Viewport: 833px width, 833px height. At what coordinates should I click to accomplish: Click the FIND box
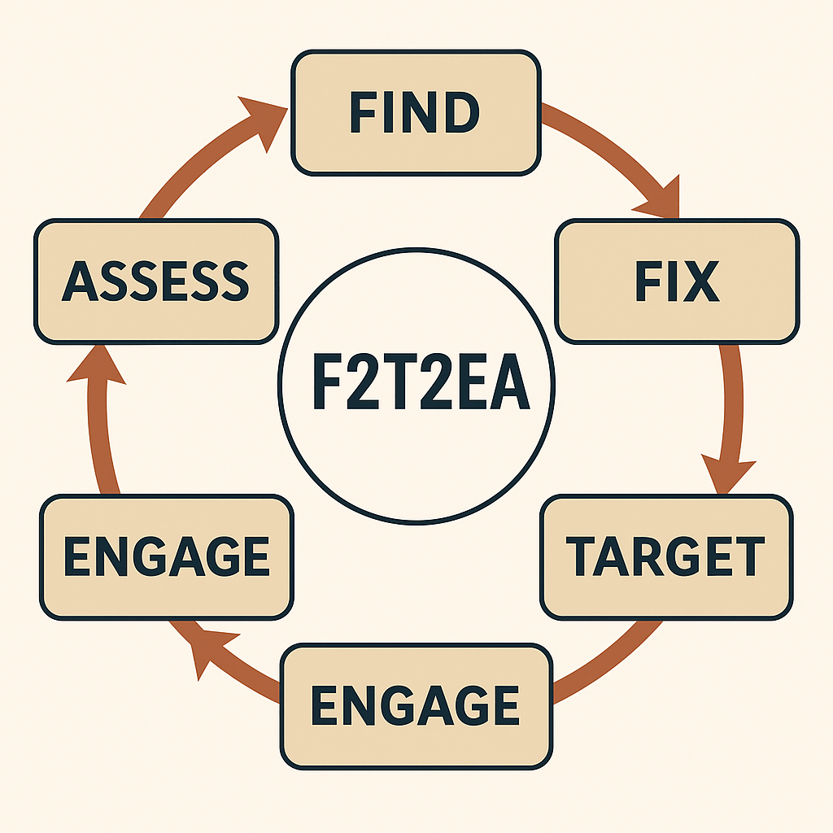pyautogui.click(x=415, y=112)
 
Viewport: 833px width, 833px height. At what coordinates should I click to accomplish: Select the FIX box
pyautogui.click(x=676, y=281)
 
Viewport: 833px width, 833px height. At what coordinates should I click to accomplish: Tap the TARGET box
pyautogui.click(x=665, y=557)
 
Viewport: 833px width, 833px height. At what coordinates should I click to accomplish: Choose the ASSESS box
pyautogui.click(x=155, y=281)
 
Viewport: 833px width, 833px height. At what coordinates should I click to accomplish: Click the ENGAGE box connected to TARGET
pyautogui.click(x=415, y=705)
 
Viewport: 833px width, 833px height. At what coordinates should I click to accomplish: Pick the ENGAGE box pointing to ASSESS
pyautogui.click(x=166, y=557)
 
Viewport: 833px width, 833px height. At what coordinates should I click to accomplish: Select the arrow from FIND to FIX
pyautogui.click(x=618, y=155)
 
